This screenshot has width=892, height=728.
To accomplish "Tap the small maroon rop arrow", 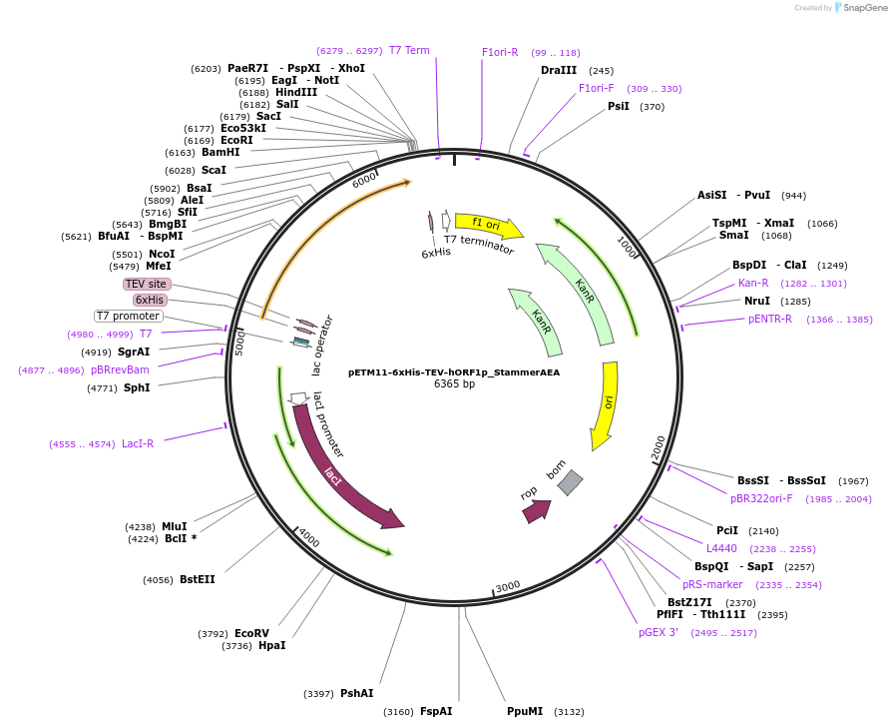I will [536, 510].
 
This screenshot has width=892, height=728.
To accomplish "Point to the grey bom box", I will [570, 482].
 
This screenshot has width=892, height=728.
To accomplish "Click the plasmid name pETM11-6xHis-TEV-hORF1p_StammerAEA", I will [454, 371].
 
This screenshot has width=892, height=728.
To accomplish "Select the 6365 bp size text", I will [454, 383].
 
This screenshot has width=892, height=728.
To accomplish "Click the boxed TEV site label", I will [146, 284].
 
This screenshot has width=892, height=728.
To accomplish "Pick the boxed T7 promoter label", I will [129, 316].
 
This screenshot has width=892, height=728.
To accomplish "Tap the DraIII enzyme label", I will [559, 70].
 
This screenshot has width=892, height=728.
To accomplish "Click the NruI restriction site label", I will [757, 301].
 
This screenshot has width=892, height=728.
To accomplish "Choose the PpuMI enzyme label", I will [525, 711].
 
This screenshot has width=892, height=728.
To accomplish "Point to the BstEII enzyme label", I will [197, 579].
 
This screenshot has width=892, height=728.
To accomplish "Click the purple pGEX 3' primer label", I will [659, 632].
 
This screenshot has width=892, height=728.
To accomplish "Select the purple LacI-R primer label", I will [138, 443].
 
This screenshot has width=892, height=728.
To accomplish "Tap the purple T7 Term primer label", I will [409, 50].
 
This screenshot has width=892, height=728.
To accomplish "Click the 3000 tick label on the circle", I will [509, 586].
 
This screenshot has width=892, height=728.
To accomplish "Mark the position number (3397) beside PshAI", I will [319, 694].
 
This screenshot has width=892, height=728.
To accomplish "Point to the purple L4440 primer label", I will [721, 548].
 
